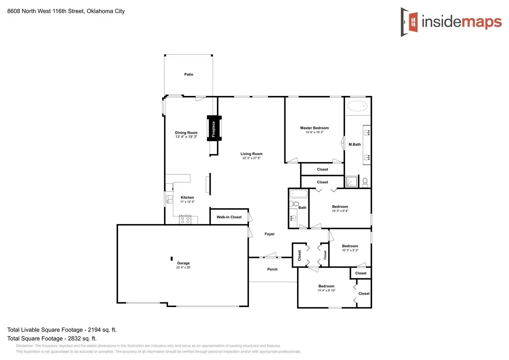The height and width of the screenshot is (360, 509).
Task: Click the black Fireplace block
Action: (214, 128)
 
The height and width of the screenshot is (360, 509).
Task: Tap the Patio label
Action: (189, 74)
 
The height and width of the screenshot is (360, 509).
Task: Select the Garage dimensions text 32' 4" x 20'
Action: (183, 267)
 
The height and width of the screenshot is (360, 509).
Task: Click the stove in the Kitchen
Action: (185, 220)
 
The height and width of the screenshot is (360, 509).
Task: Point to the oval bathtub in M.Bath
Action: (357, 106)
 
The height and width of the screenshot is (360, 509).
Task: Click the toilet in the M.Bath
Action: (365, 182)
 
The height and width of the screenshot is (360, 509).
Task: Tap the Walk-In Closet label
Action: (229, 217)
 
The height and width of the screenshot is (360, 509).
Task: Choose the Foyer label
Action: (270, 234)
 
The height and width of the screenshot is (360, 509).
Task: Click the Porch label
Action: (272, 269)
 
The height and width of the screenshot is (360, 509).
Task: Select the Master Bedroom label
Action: (314, 128)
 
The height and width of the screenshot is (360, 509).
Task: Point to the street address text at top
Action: (66, 11)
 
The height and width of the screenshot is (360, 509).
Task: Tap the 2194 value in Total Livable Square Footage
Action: (94, 330)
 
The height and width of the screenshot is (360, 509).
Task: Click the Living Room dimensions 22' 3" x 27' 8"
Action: (251, 158)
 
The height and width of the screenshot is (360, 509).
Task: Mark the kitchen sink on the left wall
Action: (169, 199)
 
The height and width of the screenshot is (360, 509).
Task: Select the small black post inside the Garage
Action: (172, 258)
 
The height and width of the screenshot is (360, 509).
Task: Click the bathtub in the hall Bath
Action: (298, 194)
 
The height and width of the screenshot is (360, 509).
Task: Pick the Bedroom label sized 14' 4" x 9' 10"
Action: (326, 286)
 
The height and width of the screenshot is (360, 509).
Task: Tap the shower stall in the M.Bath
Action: (351, 182)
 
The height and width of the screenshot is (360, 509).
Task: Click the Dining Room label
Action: (186, 133)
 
